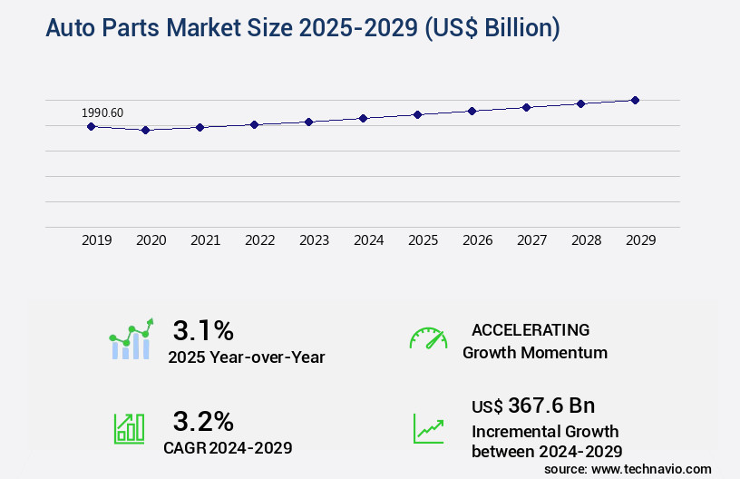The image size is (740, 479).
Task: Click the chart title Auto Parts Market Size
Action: [302, 29]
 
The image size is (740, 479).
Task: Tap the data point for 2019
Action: [91, 126]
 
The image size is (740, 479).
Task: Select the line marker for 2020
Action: [145, 131]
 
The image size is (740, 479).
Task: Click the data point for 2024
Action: [363, 118]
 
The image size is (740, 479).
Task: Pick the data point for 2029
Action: [635, 100]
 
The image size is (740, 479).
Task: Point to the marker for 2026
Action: [472, 111]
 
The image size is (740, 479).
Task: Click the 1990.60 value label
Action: [102, 112]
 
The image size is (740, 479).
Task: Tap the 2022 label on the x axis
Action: [259, 240]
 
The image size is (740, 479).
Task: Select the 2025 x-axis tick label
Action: [423, 240]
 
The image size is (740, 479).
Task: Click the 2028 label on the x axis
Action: [586, 240]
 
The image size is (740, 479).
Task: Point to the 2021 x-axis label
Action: [205, 240]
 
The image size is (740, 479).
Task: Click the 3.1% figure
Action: [203, 329]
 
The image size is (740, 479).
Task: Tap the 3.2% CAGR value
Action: [203, 421]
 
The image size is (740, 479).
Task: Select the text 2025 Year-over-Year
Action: [246, 357]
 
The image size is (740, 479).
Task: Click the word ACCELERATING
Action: [531, 329]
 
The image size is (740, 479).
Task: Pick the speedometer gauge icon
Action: [428, 338]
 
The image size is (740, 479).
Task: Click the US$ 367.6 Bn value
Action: [533, 406]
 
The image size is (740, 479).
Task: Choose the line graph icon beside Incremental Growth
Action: [428, 428]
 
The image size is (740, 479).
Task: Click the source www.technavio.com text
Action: [628, 468]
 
